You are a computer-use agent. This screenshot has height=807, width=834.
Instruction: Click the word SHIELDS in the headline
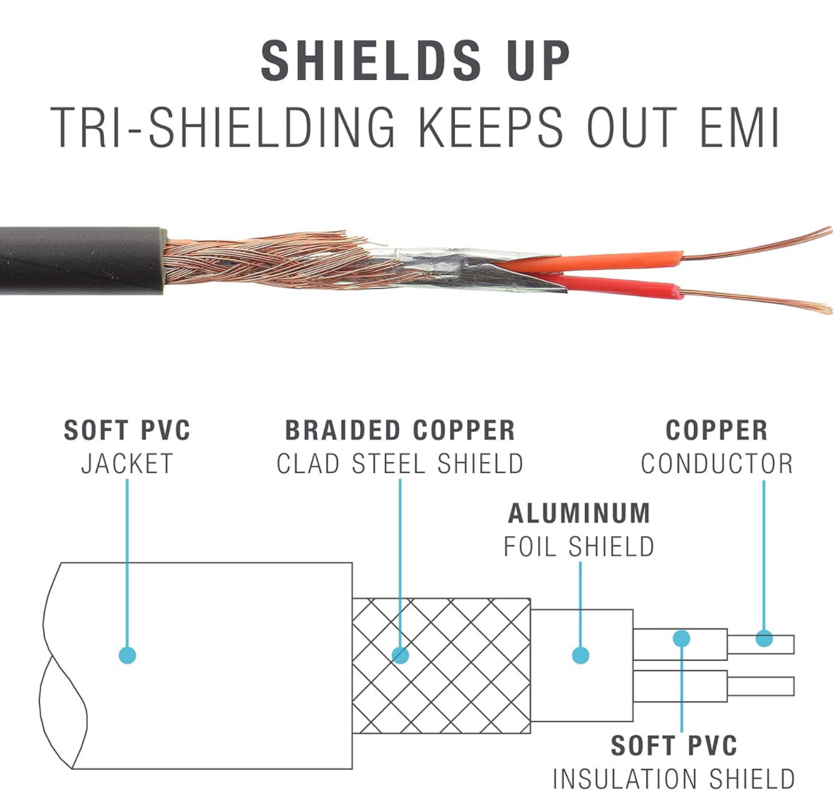click(x=371, y=61)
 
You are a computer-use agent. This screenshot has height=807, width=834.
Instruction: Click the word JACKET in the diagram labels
click(x=127, y=464)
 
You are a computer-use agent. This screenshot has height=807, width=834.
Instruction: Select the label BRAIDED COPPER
click(x=400, y=430)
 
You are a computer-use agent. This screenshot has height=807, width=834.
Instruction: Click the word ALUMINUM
click(x=579, y=514)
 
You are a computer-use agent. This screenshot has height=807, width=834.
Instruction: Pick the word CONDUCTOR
click(x=717, y=464)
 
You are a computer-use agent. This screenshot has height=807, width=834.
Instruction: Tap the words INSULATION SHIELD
click(x=673, y=779)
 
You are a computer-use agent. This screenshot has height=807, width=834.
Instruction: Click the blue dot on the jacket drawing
click(x=127, y=656)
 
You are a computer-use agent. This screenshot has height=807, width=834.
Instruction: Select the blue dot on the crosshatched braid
click(x=400, y=656)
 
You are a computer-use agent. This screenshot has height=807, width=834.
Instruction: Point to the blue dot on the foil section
click(x=580, y=656)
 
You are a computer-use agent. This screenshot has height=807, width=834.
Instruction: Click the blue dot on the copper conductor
click(x=764, y=639)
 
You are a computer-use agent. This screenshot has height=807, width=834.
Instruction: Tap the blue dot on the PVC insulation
click(x=681, y=639)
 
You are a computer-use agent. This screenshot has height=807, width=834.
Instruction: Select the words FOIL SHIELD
click(x=579, y=546)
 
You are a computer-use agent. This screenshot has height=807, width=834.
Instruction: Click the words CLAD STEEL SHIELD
click(x=400, y=464)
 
